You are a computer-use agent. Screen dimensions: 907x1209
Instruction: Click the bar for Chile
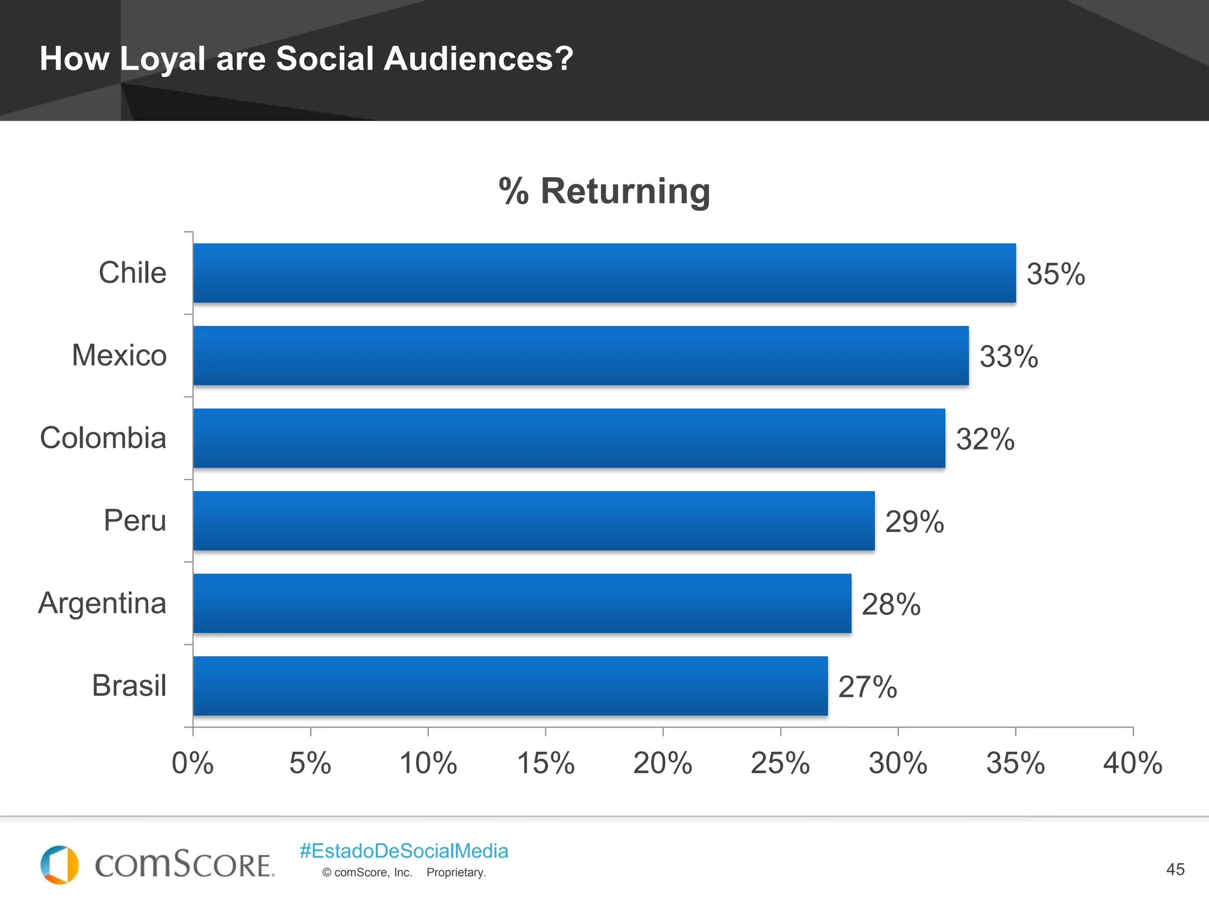(x=604, y=273)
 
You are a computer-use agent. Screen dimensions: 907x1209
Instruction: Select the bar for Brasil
(x=510, y=686)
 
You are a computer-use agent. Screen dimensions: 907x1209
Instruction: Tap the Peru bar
(x=534, y=521)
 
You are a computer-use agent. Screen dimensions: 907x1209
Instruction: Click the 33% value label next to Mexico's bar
(x=1008, y=357)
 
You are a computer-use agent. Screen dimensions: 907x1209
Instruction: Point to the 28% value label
(x=891, y=604)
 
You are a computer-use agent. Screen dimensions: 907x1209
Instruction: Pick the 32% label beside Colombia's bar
(x=985, y=439)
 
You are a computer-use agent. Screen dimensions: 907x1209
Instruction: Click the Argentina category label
(x=102, y=603)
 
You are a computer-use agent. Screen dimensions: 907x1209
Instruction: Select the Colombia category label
(x=103, y=438)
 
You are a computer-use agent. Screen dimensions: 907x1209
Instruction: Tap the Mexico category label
(x=119, y=355)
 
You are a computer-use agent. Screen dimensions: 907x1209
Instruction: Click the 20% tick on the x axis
(x=662, y=763)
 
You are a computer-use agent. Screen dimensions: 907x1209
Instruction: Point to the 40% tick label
(x=1132, y=763)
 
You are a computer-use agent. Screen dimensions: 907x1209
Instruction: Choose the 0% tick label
(x=192, y=763)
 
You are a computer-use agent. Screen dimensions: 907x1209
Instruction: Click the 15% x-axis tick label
(x=545, y=763)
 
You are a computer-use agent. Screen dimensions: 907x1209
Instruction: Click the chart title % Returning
(x=604, y=191)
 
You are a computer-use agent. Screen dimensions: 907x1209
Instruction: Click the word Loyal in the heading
(x=162, y=59)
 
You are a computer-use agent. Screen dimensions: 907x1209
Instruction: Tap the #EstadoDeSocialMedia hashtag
(x=404, y=851)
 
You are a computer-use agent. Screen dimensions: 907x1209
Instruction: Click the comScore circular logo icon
(x=60, y=865)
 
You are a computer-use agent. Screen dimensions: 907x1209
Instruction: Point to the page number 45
(x=1175, y=869)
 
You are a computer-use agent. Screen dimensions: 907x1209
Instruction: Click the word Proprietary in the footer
(x=456, y=873)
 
